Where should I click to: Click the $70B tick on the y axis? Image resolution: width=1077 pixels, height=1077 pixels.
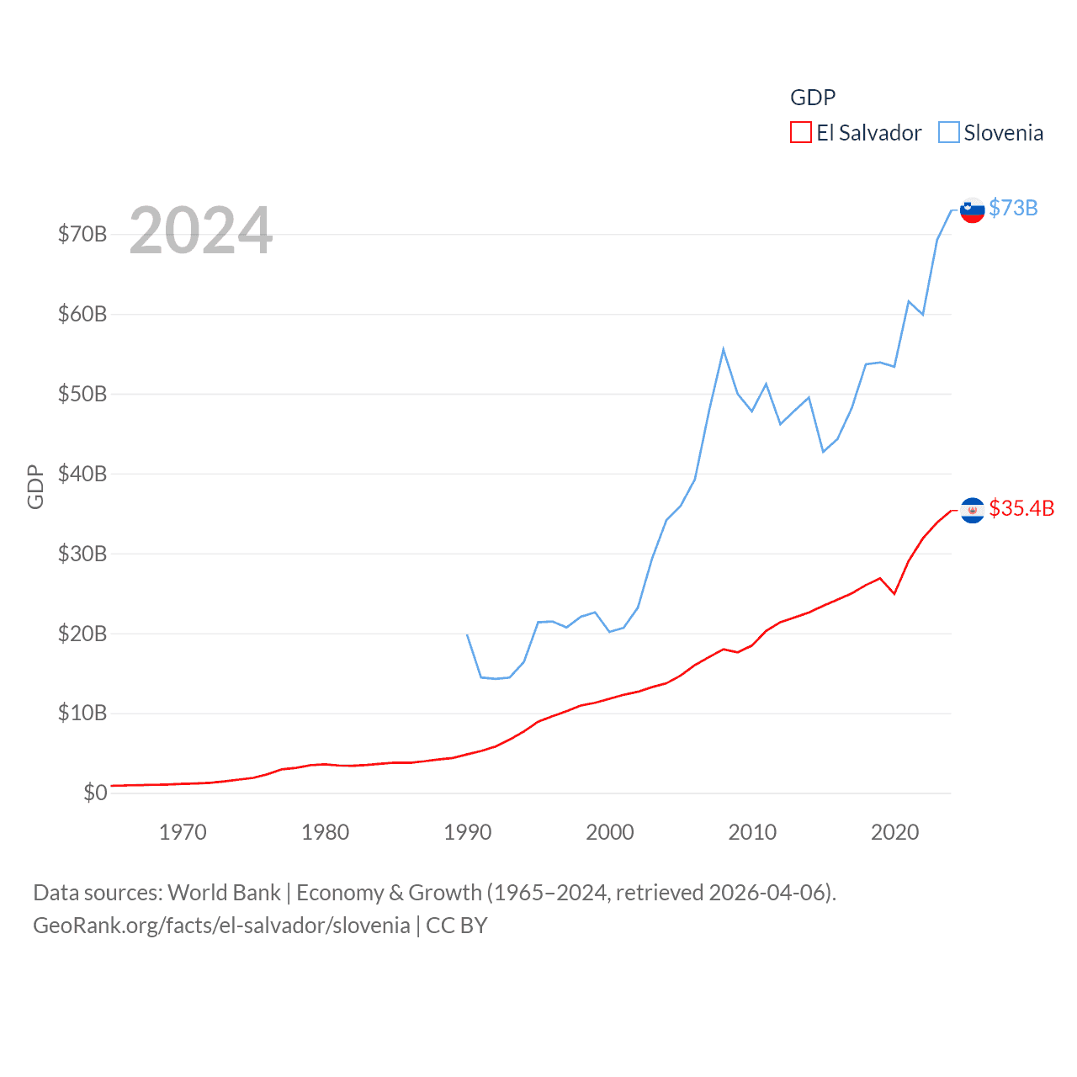pos(82,234)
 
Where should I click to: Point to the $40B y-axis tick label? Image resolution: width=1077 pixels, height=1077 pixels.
pos(82,474)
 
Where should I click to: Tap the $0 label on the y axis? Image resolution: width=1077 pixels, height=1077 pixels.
pos(94,793)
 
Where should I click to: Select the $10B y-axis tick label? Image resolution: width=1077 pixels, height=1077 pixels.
pos(82,713)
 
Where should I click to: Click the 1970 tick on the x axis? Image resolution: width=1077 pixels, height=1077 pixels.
pos(183,832)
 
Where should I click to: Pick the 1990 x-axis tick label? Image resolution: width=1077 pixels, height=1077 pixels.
pos(467,832)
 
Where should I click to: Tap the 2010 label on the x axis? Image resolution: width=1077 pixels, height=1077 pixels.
pos(752,832)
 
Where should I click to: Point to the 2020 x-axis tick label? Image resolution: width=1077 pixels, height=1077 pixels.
pos(894,832)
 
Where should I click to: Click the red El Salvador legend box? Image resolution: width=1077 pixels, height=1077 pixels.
pos(800,133)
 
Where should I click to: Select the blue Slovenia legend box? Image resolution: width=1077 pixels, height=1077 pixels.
pos(948,133)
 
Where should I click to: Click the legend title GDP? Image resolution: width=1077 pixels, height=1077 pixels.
pos(812,98)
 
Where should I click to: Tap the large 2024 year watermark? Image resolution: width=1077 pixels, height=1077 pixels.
pos(200,231)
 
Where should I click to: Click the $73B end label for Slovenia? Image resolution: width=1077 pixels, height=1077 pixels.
pos(1013,208)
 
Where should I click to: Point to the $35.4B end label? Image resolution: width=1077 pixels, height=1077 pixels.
pos(1021,508)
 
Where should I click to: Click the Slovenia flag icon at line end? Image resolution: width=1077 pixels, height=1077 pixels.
pos(972,210)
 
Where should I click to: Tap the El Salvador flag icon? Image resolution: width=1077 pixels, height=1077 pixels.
pos(972,510)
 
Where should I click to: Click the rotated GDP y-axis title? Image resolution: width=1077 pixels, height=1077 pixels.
pos(35,486)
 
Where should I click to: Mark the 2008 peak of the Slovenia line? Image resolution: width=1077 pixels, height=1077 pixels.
pos(723,349)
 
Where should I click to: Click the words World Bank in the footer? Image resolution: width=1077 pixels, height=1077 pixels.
pos(224,892)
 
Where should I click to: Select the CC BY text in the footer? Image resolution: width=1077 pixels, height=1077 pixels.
pos(456,926)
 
